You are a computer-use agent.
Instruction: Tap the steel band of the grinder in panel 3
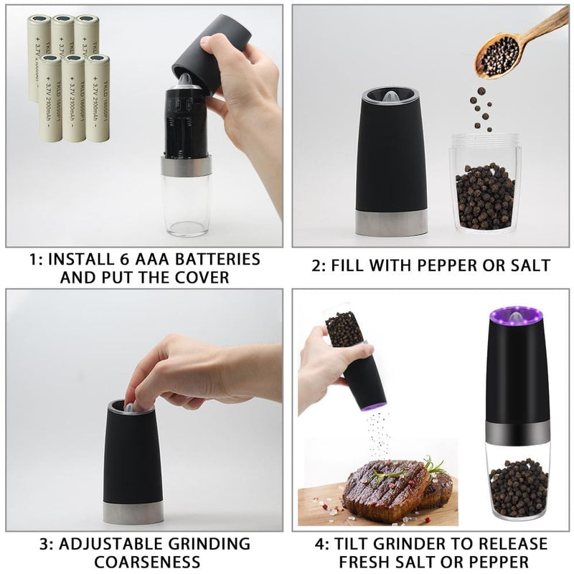[x=133, y=512]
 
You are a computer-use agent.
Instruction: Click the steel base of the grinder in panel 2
[x=392, y=222]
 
